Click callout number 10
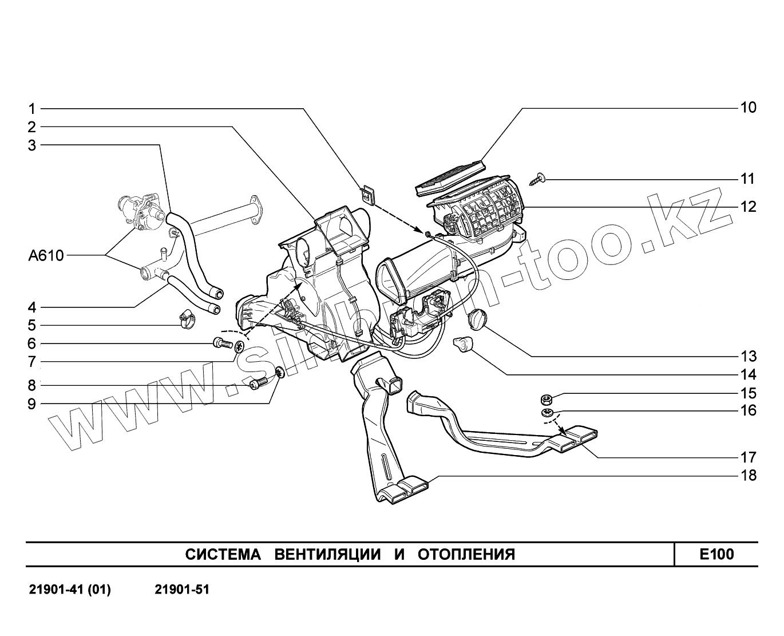click(748, 108)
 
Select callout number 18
click(748, 476)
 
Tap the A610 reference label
click(46, 255)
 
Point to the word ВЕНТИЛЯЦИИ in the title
click(328, 555)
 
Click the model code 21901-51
click(182, 589)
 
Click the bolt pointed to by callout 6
click(222, 344)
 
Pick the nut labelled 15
click(547, 399)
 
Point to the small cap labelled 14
click(461, 345)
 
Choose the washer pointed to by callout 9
click(279, 373)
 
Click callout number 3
click(32, 145)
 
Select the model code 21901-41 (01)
click(70, 589)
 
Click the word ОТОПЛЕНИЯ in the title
click(466, 555)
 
